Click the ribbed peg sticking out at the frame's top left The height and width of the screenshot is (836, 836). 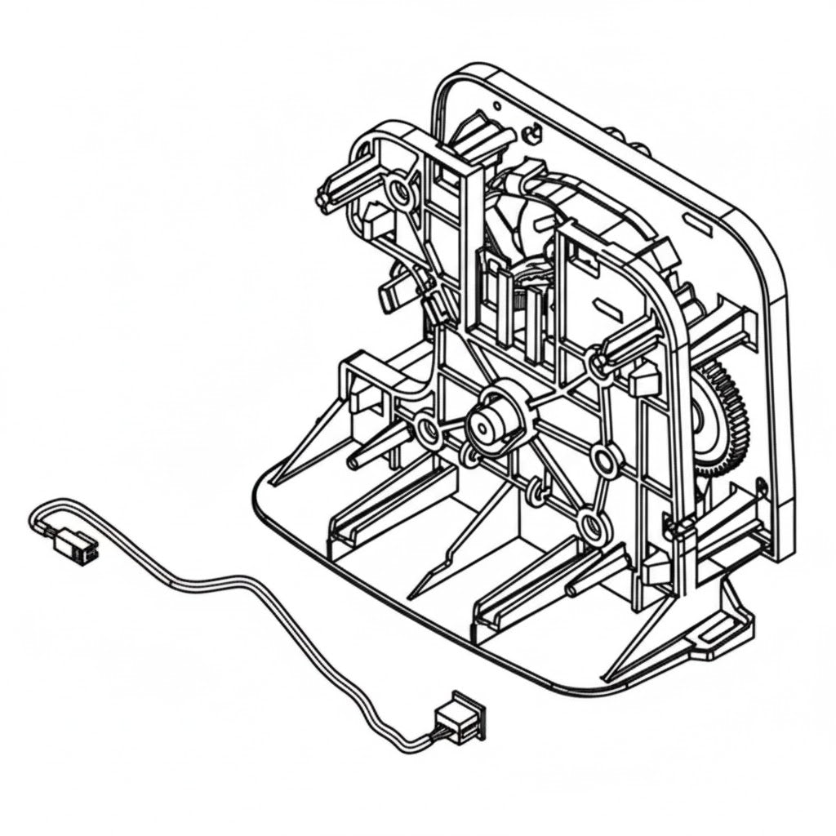(327, 196)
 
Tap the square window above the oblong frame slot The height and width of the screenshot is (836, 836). (585, 260)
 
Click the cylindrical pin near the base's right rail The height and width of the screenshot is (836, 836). (581, 585)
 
